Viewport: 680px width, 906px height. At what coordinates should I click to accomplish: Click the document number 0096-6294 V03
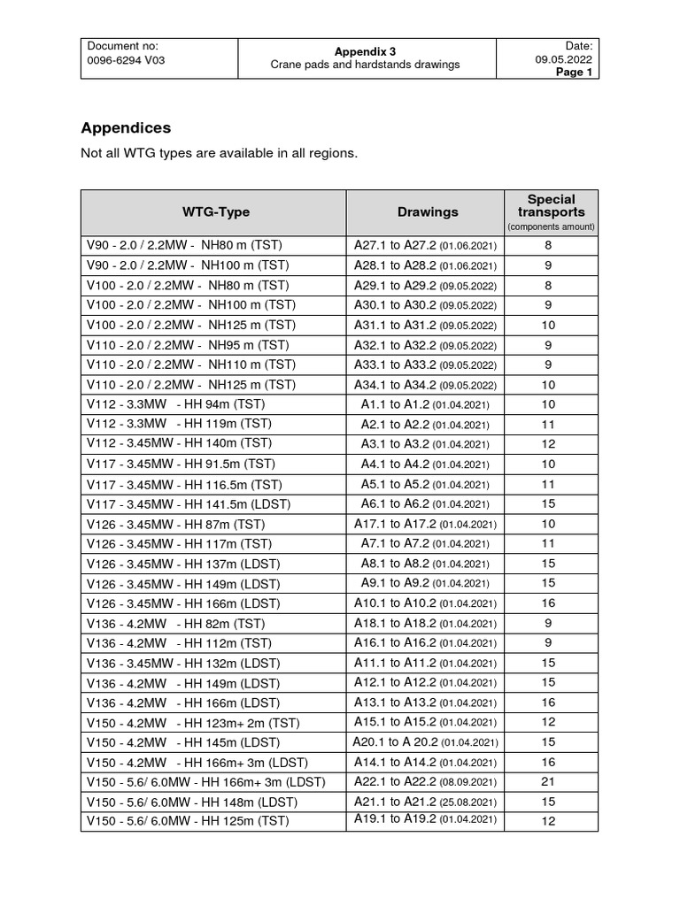click(x=123, y=61)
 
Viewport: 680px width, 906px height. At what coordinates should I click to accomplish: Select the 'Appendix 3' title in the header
click(x=367, y=51)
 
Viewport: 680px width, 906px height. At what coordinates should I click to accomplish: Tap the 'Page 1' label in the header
click(x=574, y=73)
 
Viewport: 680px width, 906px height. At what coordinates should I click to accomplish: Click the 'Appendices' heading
click(x=126, y=128)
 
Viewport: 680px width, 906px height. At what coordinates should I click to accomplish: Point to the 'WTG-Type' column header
click(x=216, y=212)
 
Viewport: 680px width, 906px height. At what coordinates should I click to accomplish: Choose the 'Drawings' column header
click(x=428, y=212)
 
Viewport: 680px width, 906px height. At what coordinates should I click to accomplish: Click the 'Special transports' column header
click(x=551, y=206)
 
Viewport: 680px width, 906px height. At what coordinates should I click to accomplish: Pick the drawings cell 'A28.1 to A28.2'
click(x=425, y=265)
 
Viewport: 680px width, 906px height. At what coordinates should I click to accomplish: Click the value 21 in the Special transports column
click(x=548, y=782)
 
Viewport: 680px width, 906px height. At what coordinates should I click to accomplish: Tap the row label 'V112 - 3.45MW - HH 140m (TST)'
click(x=179, y=444)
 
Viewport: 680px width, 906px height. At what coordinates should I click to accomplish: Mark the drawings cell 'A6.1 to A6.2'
click(x=425, y=503)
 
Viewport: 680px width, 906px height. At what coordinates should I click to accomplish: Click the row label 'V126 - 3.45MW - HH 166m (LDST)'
click(x=183, y=603)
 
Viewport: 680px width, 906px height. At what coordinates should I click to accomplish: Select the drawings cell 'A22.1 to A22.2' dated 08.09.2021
click(x=425, y=782)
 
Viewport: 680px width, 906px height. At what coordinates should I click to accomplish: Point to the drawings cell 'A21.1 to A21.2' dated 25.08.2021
click(x=425, y=802)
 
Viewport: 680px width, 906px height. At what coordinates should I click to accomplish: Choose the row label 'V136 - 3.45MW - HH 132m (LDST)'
click(x=183, y=663)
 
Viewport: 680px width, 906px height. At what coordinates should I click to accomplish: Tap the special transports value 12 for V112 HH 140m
click(x=548, y=444)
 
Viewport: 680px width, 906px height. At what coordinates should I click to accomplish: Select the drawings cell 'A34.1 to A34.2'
click(x=425, y=385)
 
